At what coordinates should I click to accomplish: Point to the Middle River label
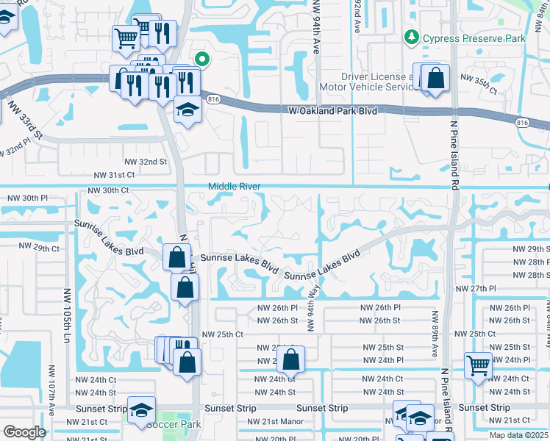pyautogui.click(x=235, y=187)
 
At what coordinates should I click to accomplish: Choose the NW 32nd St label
pyautogui.click(x=150, y=162)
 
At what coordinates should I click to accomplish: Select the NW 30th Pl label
pyautogui.click(x=27, y=198)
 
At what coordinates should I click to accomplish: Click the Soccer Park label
pyautogui.click(x=174, y=424)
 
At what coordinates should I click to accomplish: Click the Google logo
pyautogui.click(x=24, y=432)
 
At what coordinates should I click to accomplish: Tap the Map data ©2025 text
pyautogui.click(x=519, y=435)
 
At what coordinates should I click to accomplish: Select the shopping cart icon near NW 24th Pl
pyautogui.click(x=478, y=364)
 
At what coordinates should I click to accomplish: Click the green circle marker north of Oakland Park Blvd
pyautogui.click(x=201, y=60)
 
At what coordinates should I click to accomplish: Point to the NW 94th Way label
pyautogui.click(x=312, y=309)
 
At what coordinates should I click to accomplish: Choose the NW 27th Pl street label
pyautogui.click(x=476, y=289)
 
